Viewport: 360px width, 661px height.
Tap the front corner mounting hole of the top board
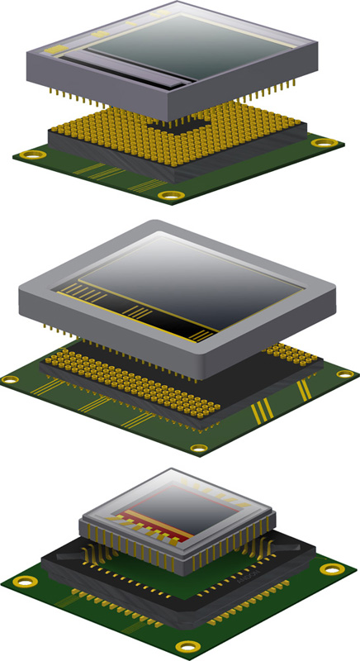point(171,196)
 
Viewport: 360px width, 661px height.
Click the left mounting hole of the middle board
point(10,380)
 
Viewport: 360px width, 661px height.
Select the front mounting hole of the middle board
point(198,449)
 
